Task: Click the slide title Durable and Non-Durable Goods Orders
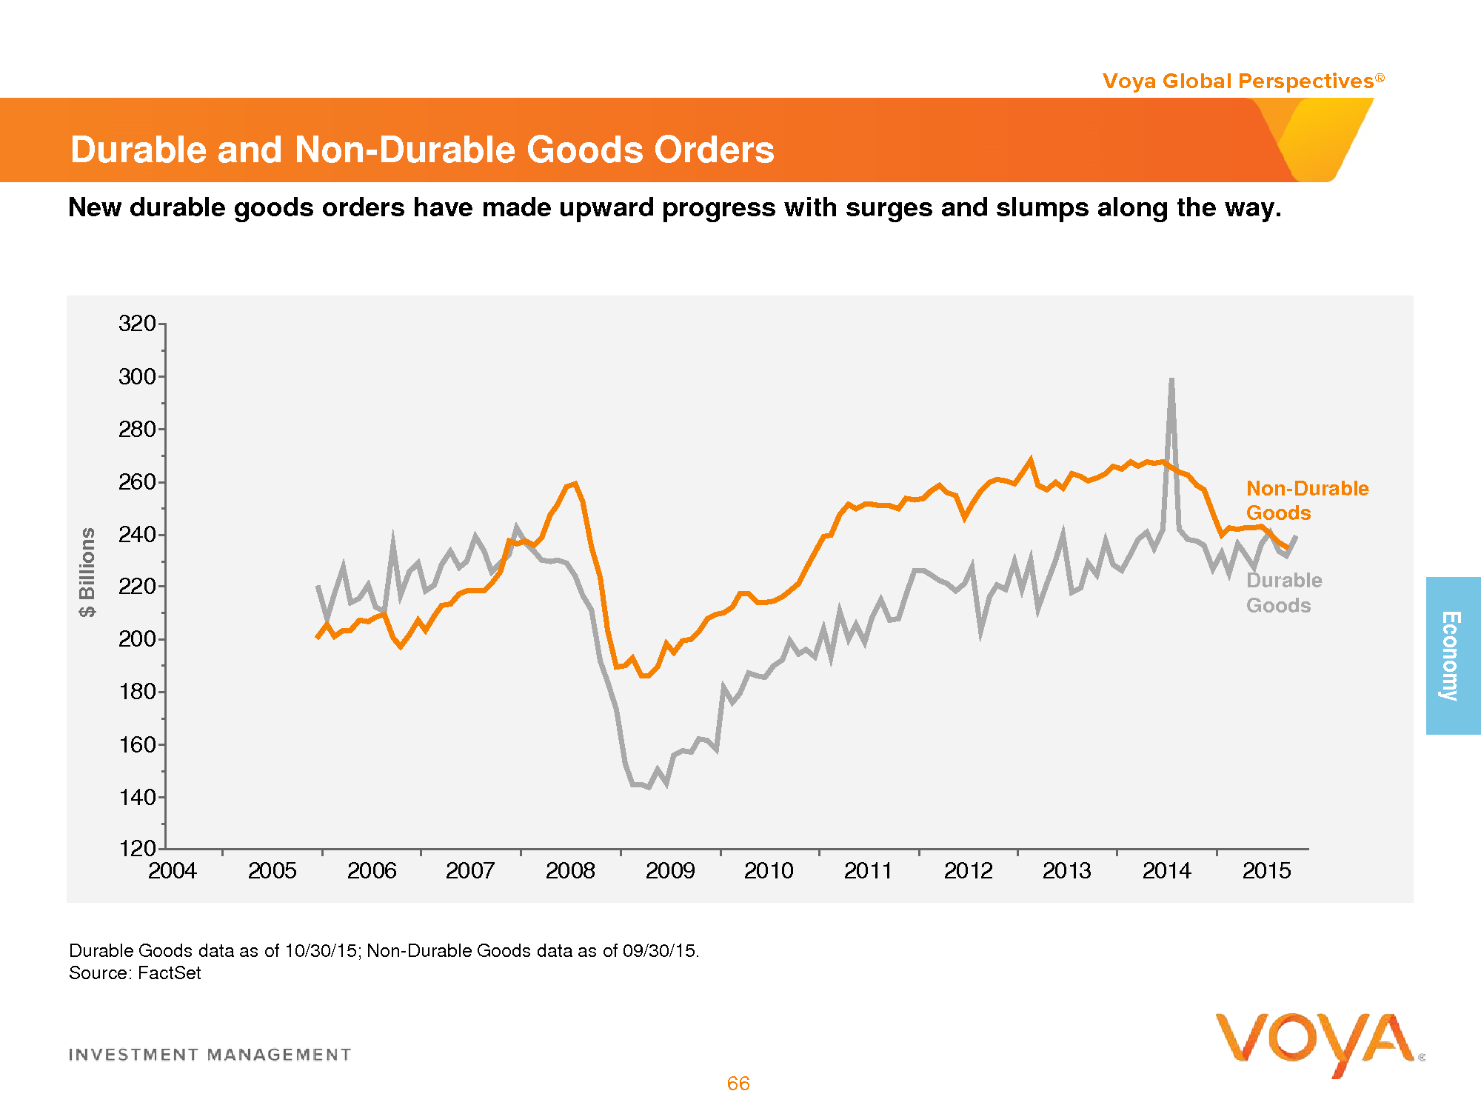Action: pyautogui.click(x=422, y=150)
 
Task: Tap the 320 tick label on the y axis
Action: pyautogui.click(x=137, y=324)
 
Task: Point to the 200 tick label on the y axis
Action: pyautogui.click(x=137, y=638)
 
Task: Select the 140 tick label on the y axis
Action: pyautogui.click(x=137, y=797)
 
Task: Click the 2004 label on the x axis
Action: pyautogui.click(x=173, y=870)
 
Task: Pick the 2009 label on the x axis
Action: pyautogui.click(x=670, y=870)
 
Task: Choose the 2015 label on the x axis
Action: pyautogui.click(x=1266, y=870)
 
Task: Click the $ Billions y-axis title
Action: pyautogui.click(x=88, y=572)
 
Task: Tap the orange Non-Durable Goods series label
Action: pyautogui.click(x=1307, y=500)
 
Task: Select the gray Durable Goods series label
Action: pyautogui.click(x=1283, y=593)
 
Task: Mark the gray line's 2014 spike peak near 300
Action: pyautogui.click(x=1171, y=380)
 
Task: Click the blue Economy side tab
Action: pyautogui.click(x=1453, y=655)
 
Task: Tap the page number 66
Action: pyautogui.click(x=738, y=1084)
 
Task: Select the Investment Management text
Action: pyautogui.click(x=210, y=1055)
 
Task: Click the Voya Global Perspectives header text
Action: pyautogui.click(x=1238, y=81)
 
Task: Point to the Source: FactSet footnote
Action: pyautogui.click(x=135, y=972)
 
